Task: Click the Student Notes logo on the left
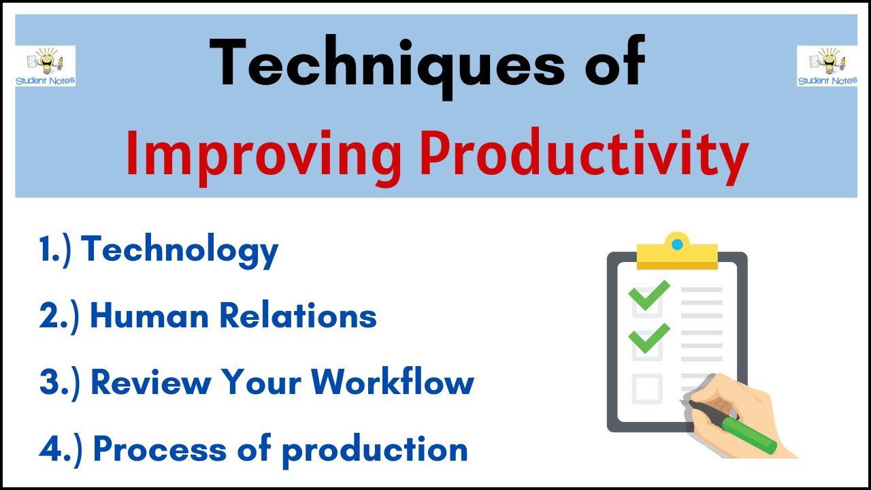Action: pyautogui.click(x=46, y=66)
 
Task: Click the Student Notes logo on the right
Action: pyautogui.click(x=827, y=66)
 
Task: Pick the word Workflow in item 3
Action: pyautogui.click(x=393, y=382)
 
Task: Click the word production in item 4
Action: pyautogui.click(x=374, y=448)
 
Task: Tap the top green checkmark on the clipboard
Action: pyautogui.click(x=648, y=294)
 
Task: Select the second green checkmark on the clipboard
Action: pyautogui.click(x=648, y=338)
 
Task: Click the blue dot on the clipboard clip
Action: pyautogui.click(x=676, y=244)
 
